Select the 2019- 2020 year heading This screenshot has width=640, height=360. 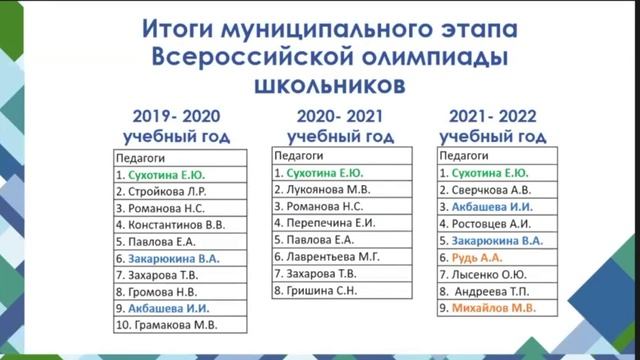coord(176,115)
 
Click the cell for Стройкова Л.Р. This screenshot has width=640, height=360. coord(165,190)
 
